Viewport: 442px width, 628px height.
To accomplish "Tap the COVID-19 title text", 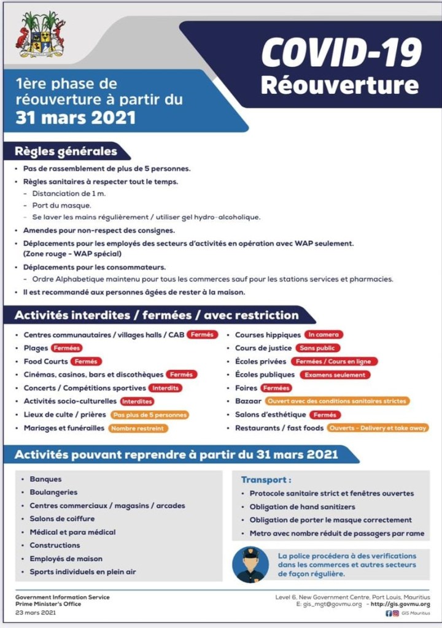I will tap(341, 54).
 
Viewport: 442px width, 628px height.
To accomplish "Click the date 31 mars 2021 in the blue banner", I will tap(76, 117).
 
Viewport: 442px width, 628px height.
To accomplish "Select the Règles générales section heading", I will tap(66, 151).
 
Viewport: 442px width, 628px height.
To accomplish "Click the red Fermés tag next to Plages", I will tap(67, 348).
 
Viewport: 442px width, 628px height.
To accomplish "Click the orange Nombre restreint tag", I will tap(138, 428).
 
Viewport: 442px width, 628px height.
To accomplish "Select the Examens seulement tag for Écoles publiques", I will tap(335, 375).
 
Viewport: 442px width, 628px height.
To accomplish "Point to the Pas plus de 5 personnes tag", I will tap(149, 415).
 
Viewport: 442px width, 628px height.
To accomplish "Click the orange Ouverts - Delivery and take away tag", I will tap(378, 428).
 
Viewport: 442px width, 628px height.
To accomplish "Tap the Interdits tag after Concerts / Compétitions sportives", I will tap(166, 388).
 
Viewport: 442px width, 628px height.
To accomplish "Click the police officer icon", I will tap(250, 564).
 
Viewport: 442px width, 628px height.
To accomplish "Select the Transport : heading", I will tap(266, 480).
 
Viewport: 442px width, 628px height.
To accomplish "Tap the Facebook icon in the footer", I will tap(389, 613).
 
